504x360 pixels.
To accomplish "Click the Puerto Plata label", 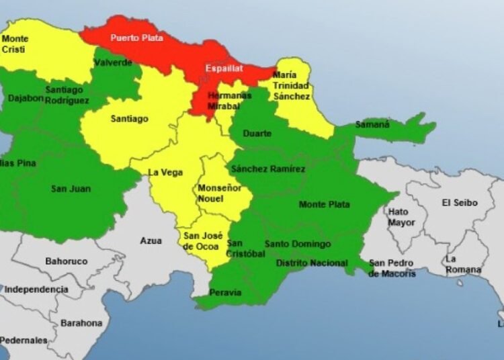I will click(x=136, y=38).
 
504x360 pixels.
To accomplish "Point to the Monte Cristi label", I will click(x=15, y=44).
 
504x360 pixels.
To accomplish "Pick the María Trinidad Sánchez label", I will click(x=291, y=86).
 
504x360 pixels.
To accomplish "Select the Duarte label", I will click(x=257, y=134).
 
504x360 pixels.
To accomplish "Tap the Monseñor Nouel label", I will click(x=219, y=194).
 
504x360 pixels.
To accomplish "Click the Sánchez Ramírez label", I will click(x=267, y=169).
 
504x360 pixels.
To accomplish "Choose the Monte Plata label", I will click(x=324, y=204).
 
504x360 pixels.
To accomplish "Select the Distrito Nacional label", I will click(x=312, y=263).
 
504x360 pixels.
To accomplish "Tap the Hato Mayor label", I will click(x=398, y=217).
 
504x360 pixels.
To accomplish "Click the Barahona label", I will click(x=81, y=323).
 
